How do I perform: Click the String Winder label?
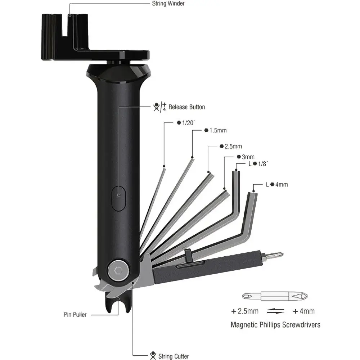168,4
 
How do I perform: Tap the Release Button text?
186,107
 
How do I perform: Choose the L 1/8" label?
258,164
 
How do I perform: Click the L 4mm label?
277,185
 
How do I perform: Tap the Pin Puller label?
75,315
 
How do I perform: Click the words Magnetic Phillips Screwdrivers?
275,325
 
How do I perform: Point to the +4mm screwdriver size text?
304,311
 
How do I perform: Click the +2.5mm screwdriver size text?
245,311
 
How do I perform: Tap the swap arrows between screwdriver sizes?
276,311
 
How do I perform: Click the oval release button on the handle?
118,199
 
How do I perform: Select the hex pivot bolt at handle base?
118,270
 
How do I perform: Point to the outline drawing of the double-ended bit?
275,296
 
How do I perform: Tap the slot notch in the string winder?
65,25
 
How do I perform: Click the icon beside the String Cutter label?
153,356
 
